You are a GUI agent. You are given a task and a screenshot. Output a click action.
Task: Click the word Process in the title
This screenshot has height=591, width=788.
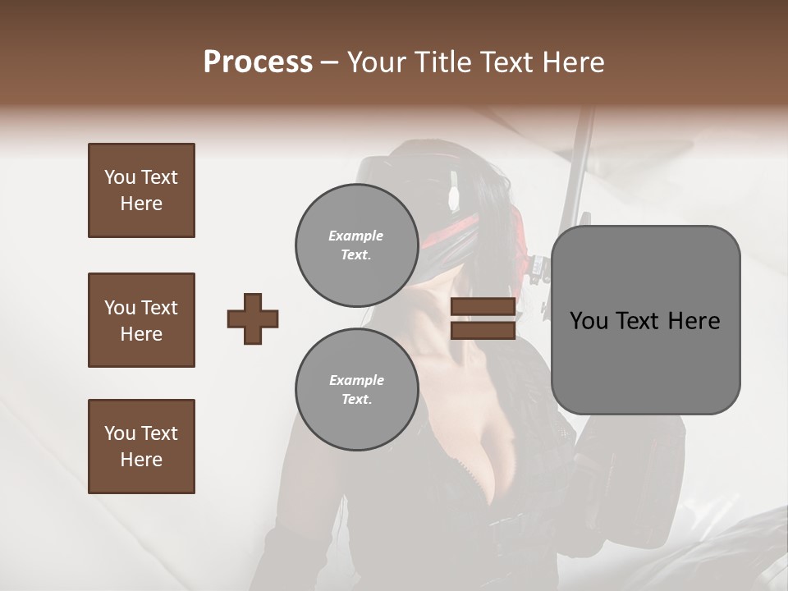point(258,62)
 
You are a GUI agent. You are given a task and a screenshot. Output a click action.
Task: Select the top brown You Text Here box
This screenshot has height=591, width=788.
point(141,190)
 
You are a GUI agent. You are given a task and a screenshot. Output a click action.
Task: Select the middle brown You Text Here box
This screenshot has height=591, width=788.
point(141,320)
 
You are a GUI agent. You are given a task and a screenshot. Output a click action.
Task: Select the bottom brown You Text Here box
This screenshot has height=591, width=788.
point(141,447)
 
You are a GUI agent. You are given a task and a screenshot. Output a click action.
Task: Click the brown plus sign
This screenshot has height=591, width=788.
point(253,318)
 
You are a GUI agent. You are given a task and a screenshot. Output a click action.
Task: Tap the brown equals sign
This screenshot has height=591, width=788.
point(483,318)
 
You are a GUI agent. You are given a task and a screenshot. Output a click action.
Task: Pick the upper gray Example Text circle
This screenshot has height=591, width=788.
point(356,245)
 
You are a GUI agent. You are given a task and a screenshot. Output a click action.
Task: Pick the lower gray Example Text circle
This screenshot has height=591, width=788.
point(356,389)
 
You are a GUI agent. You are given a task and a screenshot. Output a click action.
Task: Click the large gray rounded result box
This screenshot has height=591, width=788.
point(645,320)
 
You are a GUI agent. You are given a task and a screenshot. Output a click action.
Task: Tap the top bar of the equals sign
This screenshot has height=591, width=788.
point(483,307)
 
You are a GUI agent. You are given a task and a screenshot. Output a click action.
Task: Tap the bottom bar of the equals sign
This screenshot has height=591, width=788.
point(483,330)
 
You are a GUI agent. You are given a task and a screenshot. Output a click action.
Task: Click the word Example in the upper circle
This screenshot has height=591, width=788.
point(356,236)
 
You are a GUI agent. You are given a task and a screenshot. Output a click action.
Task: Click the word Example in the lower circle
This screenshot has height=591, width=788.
point(356,380)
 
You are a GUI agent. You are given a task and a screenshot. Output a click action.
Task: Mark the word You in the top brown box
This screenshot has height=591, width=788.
point(119,177)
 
